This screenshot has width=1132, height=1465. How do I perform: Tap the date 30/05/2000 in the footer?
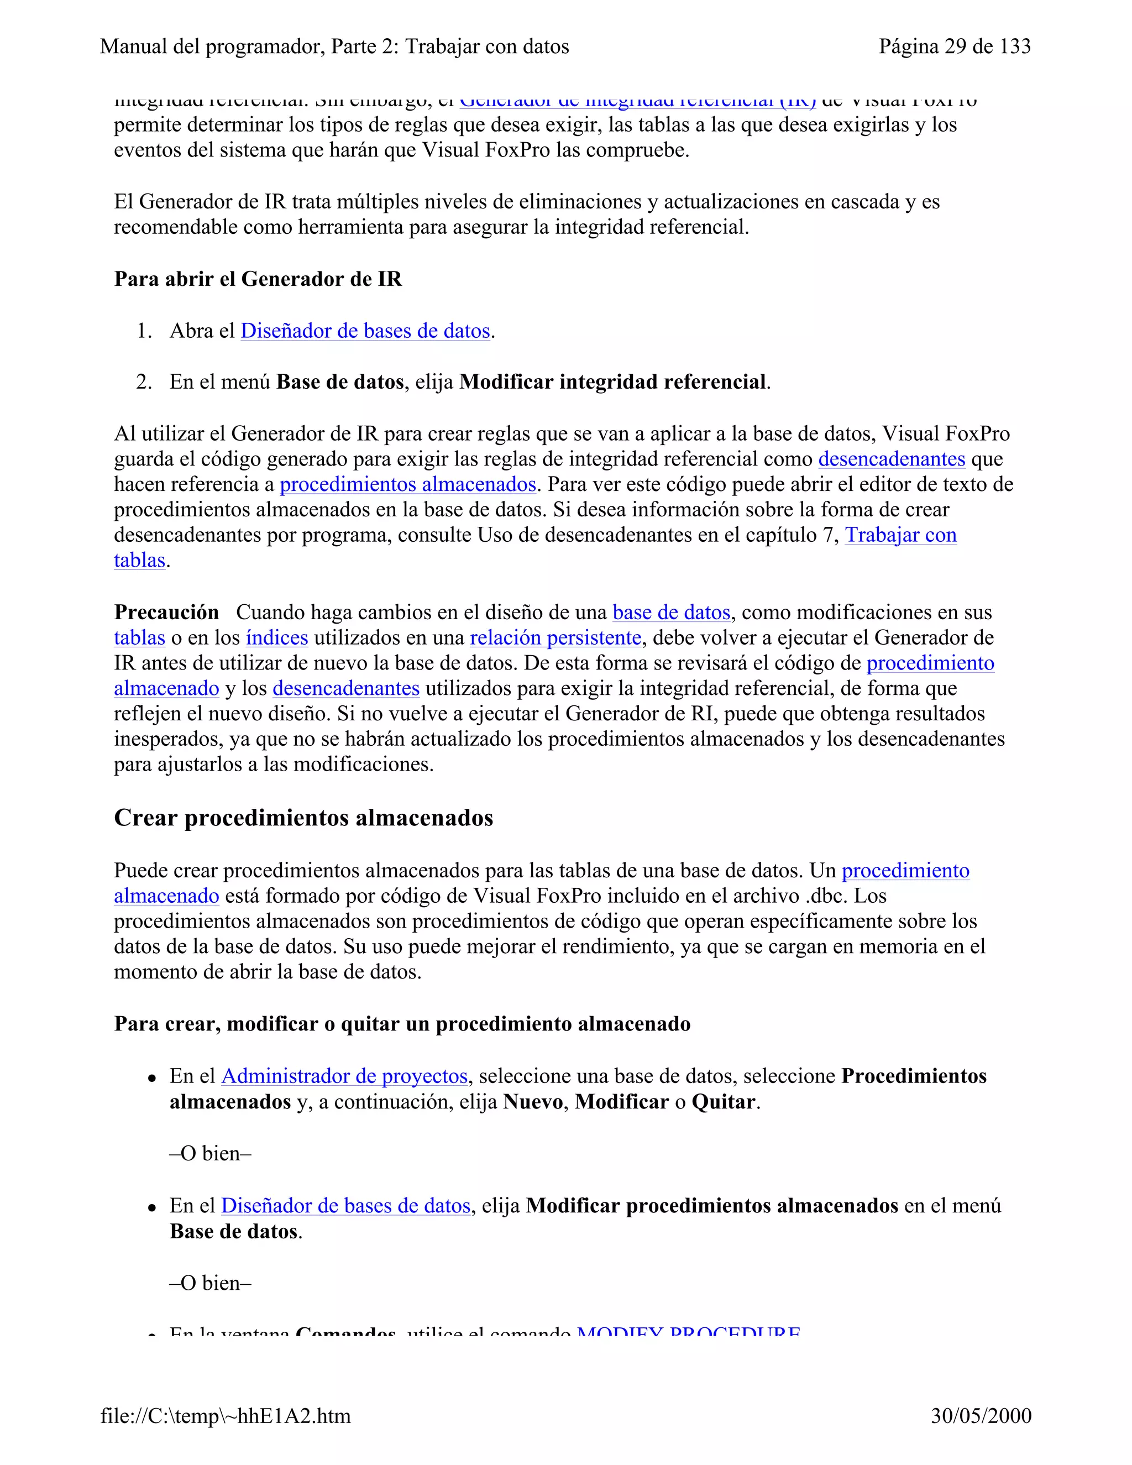[981, 1415]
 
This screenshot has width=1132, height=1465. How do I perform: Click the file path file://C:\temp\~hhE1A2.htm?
[226, 1415]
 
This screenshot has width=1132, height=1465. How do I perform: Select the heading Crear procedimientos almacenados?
[303, 818]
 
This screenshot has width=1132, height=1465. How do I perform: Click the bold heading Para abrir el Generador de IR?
[258, 279]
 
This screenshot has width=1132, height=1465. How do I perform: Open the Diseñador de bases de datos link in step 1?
[365, 331]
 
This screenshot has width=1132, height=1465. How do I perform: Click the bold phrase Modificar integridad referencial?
[613, 381]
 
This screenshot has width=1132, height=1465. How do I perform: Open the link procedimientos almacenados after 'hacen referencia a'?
[408, 484]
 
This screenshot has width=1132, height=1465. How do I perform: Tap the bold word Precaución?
[166, 612]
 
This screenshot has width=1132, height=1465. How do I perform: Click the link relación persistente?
[555, 637]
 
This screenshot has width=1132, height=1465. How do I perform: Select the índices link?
[277, 637]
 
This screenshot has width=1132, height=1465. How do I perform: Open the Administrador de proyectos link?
[344, 1076]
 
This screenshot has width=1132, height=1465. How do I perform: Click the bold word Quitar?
[723, 1101]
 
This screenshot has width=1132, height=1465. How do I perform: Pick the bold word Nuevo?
[532, 1101]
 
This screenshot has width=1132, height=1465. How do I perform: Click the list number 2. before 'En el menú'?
[144, 381]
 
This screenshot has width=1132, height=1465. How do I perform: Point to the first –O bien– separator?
[210, 1153]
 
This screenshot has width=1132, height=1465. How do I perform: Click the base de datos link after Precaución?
[670, 612]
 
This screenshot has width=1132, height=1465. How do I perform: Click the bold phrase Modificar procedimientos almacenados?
[711, 1205]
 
